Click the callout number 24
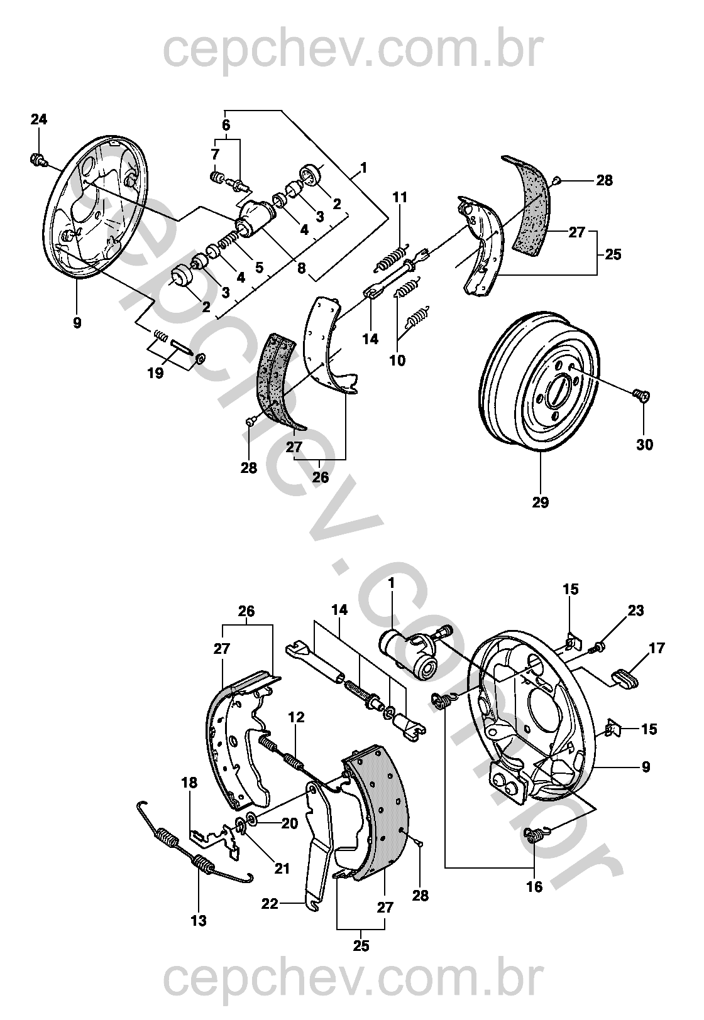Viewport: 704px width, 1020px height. [x=39, y=119]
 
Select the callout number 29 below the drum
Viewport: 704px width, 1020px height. [x=541, y=502]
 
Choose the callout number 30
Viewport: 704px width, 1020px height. [x=645, y=445]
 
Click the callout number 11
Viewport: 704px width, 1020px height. [x=400, y=197]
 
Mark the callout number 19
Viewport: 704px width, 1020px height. [x=155, y=373]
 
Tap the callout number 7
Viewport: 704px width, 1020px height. [x=215, y=154]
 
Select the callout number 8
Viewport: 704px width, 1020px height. [x=302, y=268]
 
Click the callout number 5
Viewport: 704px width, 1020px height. [x=259, y=267]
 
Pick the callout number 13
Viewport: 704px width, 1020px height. [x=199, y=921]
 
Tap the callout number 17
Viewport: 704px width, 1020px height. [x=657, y=648]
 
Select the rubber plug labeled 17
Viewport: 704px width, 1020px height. [x=622, y=678]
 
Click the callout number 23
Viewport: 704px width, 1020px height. [x=636, y=610]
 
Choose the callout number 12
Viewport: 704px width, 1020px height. [x=297, y=717]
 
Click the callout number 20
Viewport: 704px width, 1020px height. [x=290, y=823]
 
